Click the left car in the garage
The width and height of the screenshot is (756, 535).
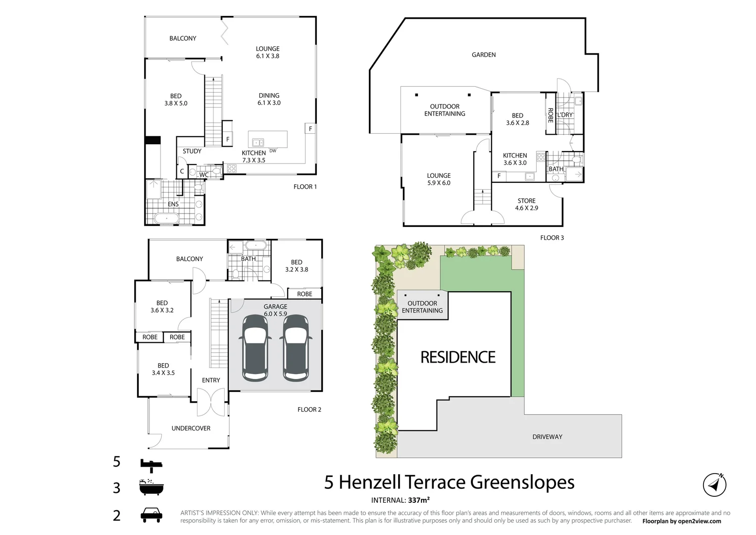[x=254, y=348]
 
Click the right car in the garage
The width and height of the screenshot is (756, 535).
[x=296, y=348]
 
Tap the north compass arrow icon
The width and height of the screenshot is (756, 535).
[x=714, y=484]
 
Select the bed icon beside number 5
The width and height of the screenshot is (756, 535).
[x=151, y=463]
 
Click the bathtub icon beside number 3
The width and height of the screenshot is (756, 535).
[x=151, y=487]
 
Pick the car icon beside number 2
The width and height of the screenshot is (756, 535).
[x=151, y=515]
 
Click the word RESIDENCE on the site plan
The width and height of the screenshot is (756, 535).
[x=457, y=357]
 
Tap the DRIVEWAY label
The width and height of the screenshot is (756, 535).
[x=547, y=437]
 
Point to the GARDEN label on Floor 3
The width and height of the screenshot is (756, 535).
[x=483, y=55]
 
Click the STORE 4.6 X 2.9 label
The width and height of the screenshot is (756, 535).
[x=526, y=205]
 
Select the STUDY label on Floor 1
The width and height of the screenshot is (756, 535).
[x=192, y=151]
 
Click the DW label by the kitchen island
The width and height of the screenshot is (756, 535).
[x=273, y=151]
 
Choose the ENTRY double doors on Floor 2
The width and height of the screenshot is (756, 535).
[x=211, y=402]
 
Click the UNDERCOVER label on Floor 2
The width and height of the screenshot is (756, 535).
[x=191, y=428]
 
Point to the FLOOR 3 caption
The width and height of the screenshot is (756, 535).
[x=552, y=238]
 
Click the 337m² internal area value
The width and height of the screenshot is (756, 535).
[x=418, y=500]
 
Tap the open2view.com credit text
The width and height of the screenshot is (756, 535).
[x=695, y=521]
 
